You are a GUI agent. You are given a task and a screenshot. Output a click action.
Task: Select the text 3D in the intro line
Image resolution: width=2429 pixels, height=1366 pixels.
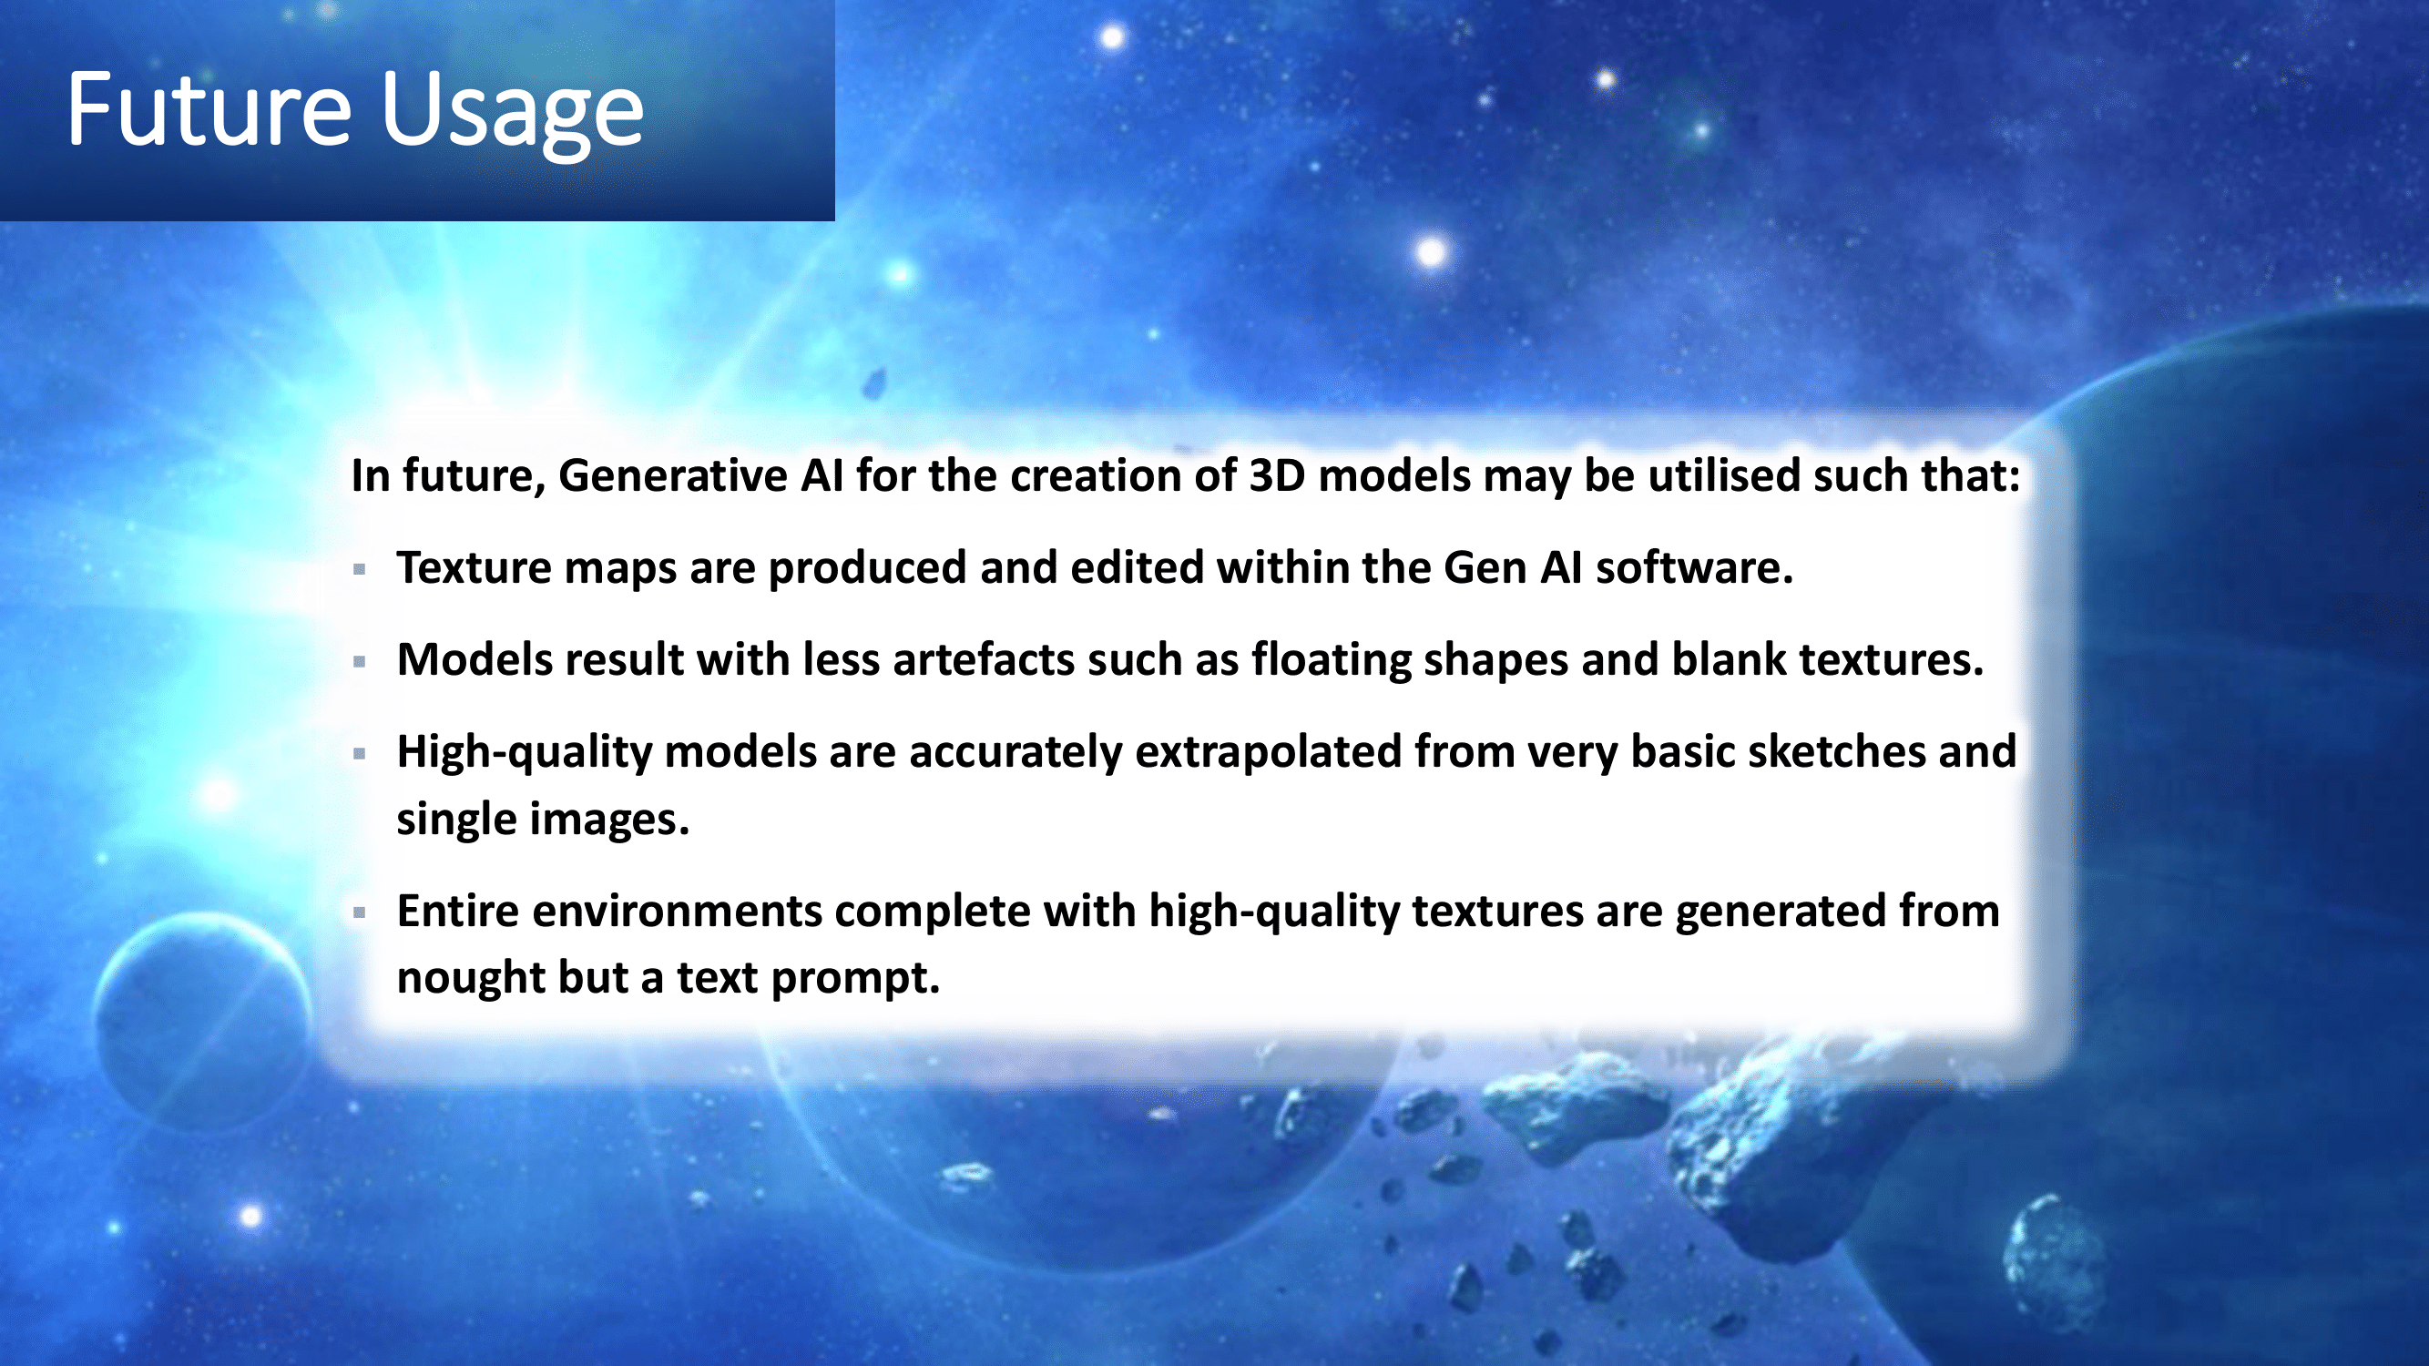pos(1277,475)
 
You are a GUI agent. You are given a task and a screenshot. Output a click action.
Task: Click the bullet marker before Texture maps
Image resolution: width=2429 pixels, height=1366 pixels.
pos(359,568)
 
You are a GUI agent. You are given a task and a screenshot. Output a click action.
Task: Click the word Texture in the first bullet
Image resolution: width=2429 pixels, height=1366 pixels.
pos(474,567)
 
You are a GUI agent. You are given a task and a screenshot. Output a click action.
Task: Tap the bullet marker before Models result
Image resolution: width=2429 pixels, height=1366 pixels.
pos(359,661)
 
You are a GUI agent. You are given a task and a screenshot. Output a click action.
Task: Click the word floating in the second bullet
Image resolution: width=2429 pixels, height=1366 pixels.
pos(1331,660)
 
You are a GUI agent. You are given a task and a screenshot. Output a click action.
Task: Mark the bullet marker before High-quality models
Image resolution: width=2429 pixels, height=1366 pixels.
pos(359,753)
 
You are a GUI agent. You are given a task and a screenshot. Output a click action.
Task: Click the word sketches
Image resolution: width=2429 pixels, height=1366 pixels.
pos(1836,751)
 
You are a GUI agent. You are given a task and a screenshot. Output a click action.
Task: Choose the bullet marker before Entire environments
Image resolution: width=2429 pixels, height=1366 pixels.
pos(359,912)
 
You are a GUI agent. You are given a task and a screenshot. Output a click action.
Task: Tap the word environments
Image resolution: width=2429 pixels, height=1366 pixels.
pos(677,912)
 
